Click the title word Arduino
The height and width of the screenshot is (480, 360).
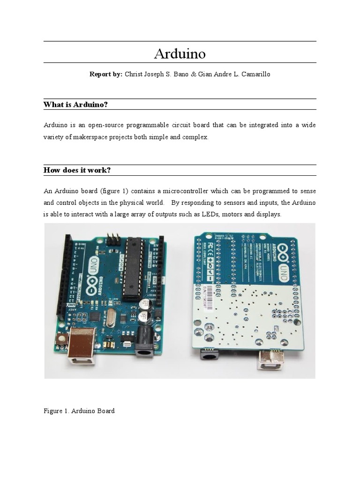pyautogui.click(x=180, y=54)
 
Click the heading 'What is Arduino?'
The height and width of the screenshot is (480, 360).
pyautogui.click(x=75, y=104)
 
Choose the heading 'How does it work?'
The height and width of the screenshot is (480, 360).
pyautogui.click(x=77, y=170)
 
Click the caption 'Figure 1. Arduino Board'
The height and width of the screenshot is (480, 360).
pyautogui.click(x=79, y=411)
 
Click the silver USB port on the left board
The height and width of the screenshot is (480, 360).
pyautogui.click(x=82, y=350)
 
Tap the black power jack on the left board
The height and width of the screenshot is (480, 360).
pyautogui.click(x=145, y=342)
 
